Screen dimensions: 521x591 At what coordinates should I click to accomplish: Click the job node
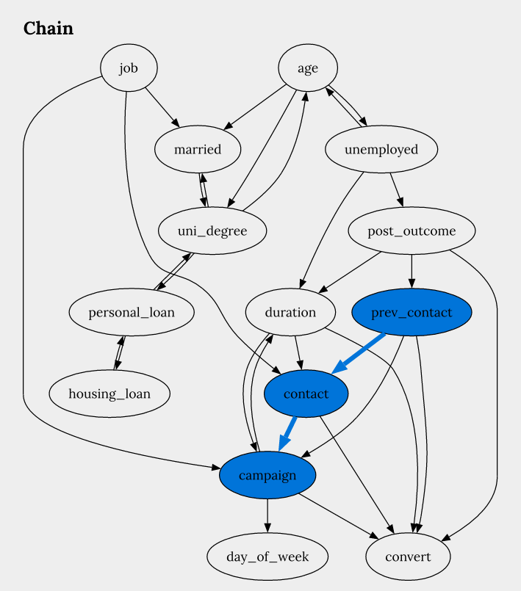(129, 68)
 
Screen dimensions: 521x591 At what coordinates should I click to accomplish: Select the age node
(308, 68)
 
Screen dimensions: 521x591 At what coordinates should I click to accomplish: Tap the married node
(198, 149)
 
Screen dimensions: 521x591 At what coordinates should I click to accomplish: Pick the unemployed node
(381, 149)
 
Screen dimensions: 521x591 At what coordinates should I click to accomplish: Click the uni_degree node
(212, 231)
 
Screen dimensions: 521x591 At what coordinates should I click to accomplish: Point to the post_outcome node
(412, 231)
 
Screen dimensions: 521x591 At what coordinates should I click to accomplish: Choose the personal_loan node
(132, 312)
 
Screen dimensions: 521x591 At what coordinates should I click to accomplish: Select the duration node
(290, 312)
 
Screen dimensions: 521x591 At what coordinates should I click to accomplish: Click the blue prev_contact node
(412, 312)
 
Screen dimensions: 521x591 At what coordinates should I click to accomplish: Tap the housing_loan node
(109, 394)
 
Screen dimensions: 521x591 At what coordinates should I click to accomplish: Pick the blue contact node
(306, 394)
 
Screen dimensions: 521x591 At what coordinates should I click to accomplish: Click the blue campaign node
(267, 475)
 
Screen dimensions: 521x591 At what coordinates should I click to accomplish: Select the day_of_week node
(267, 556)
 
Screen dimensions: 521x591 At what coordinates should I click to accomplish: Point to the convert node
(408, 556)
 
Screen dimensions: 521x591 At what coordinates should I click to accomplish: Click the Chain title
(48, 29)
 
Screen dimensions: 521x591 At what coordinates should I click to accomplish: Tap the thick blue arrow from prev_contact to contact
(358, 354)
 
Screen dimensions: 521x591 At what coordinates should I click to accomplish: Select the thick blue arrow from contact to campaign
(287, 433)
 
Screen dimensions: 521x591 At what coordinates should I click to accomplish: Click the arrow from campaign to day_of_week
(267, 515)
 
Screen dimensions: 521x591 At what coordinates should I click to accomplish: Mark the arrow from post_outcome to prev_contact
(412, 272)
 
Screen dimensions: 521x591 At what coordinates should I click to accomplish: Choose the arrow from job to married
(162, 108)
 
